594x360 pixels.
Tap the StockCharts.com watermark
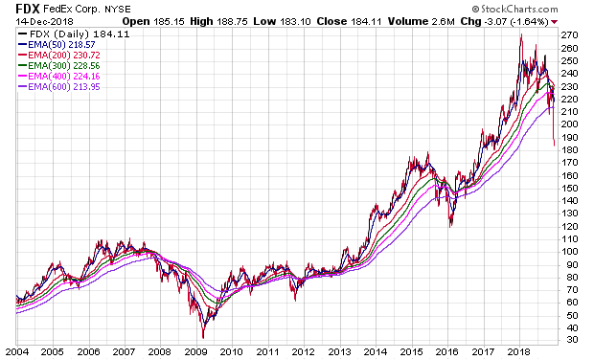[514, 9]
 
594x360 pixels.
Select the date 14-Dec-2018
[44, 22]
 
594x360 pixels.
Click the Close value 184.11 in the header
[366, 22]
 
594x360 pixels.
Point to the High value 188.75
[232, 22]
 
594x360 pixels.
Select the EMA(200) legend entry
[58, 56]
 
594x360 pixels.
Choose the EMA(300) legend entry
[58, 66]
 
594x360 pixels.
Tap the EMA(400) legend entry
[58, 76]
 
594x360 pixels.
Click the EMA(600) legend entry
[58, 87]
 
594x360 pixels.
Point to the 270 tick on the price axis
[570, 35]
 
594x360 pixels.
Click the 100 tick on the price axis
[570, 252]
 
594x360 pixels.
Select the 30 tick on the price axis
[567, 340]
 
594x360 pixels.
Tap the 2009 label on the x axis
[195, 352]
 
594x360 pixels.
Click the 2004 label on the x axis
[16, 352]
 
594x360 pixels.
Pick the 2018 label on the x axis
[519, 352]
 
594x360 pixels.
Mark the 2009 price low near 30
[203, 336]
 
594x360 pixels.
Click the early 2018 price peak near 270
[521, 35]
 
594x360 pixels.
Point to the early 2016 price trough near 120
[450, 226]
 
